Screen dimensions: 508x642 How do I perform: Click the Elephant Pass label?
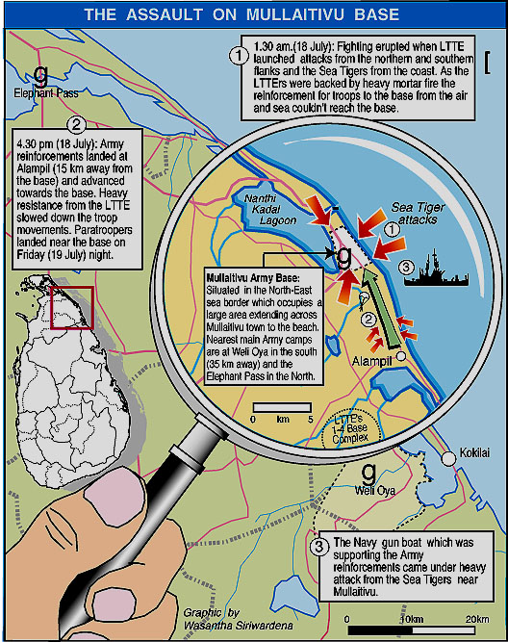click(x=46, y=93)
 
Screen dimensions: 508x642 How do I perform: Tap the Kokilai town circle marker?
click(x=448, y=458)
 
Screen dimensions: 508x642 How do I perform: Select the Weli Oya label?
click(x=375, y=491)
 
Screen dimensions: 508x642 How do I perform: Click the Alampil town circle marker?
click(x=401, y=356)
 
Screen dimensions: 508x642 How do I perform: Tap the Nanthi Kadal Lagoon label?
click(x=267, y=209)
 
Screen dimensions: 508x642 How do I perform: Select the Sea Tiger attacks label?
click(x=418, y=213)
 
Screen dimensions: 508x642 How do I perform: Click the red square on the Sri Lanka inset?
click(x=72, y=307)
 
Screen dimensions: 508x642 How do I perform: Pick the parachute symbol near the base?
click(x=364, y=299)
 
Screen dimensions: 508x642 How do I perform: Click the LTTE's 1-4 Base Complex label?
click(x=349, y=428)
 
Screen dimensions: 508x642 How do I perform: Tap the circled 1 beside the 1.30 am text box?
click(x=239, y=56)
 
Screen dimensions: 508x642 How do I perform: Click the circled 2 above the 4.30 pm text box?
click(x=76, y=124)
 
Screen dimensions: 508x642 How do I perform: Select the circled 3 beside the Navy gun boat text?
click(x=319, y=547)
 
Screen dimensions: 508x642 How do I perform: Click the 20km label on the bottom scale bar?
click(x=477, y=619)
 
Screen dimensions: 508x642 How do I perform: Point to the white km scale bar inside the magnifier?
click(x=282, y=407)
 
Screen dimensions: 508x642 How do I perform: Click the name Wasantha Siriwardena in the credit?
click(x=239, y=626)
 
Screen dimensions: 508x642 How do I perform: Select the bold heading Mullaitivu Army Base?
click(x=253, y=278)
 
